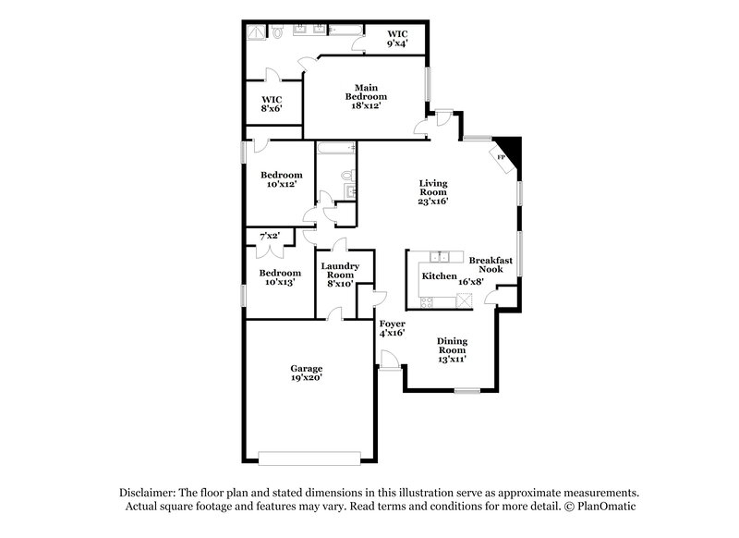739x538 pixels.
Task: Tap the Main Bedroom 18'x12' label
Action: tap(366, 96)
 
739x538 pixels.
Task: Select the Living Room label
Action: tap(432, 192)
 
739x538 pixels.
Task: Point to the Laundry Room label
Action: tap(338, 275)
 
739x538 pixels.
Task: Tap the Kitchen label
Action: tap(438, 276)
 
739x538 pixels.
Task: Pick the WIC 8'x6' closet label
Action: tap(271, 104)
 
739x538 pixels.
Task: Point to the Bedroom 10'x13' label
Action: tap(279, 278)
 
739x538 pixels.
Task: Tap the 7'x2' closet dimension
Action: tap(270, 238)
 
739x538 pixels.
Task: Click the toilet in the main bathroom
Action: tap(276, 33)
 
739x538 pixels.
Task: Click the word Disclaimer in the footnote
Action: tap(149, 494)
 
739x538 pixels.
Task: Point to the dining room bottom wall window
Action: tap(466, 392)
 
